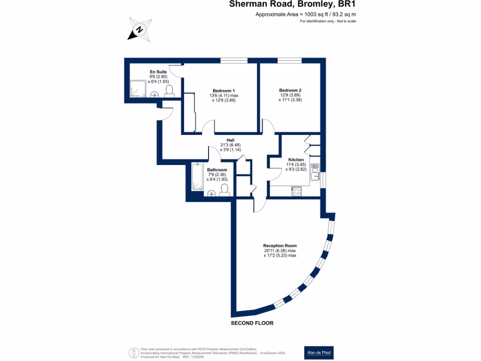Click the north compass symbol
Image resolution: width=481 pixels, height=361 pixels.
(x=140, y=29)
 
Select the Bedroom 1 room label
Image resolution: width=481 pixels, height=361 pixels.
(x=224, y=90)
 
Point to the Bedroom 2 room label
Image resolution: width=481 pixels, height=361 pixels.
(x=290, y=90)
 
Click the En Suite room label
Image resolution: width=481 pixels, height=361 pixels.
(x=158, y=72)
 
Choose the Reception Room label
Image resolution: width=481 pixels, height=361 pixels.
(x=279, y=246)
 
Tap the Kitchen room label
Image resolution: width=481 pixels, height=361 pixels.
(x=296, y=160)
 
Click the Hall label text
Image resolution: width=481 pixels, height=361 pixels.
(x=230, y=140)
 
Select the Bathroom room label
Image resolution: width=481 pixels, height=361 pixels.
(x=217, y=170)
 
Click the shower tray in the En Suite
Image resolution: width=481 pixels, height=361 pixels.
(x=139, y=88)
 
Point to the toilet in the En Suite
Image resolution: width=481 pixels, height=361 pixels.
(x=170, y=90)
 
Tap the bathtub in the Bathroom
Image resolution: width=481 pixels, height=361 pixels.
(x=197, y=177)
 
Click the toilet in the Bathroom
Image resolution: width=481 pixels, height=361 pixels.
(x=224, y=189)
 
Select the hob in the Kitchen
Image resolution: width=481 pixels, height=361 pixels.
(x=297, y=191)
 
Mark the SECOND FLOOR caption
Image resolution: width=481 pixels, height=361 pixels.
(x=252, y=323)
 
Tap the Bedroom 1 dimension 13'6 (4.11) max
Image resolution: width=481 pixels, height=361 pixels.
(x=224, y=95)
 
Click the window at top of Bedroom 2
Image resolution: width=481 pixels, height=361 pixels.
(x=289, y=60)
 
